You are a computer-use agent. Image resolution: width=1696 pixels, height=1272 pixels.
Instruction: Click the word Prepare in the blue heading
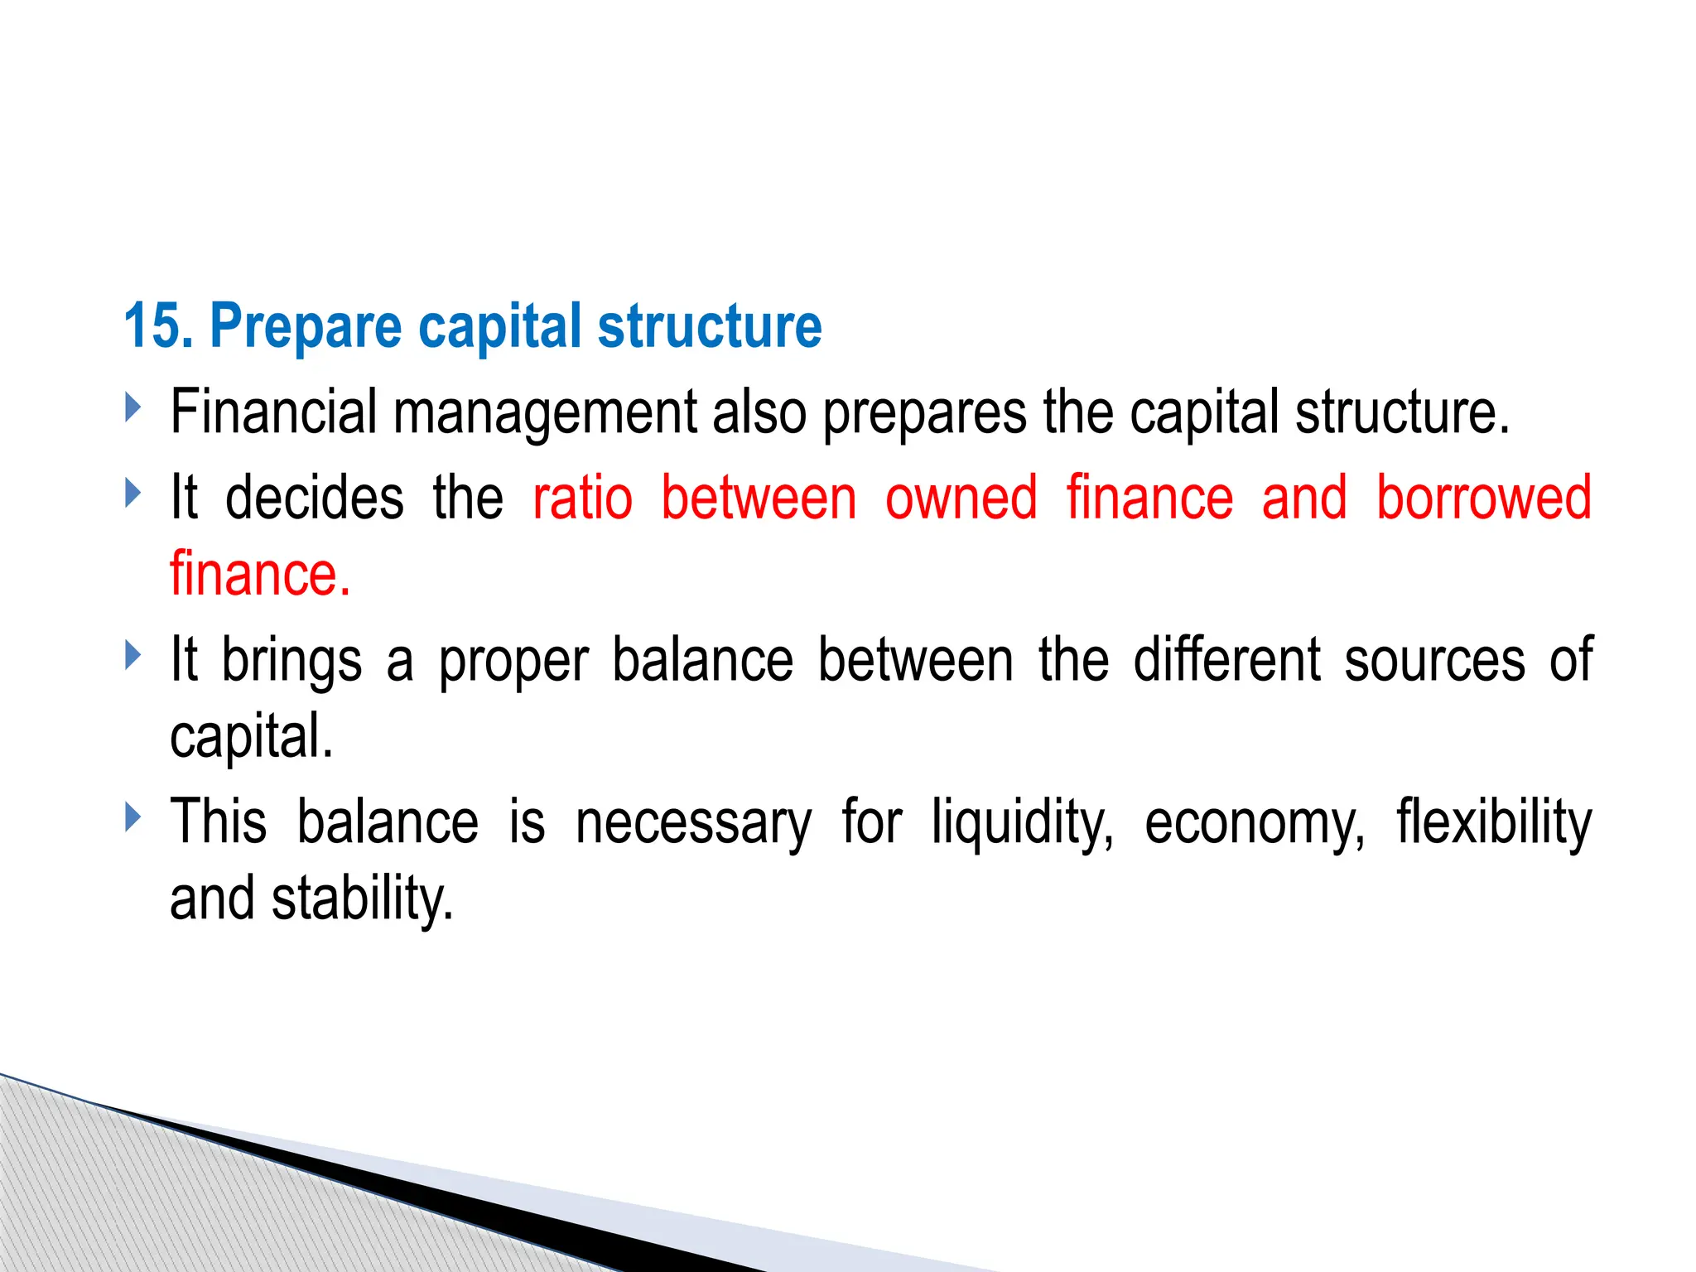point(306,328)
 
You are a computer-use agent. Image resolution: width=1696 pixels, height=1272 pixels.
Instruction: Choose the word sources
point(1434,661)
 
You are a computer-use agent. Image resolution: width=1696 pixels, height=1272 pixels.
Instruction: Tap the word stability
point(363,899)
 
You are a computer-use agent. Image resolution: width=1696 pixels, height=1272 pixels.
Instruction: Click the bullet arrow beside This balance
point(132,817)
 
